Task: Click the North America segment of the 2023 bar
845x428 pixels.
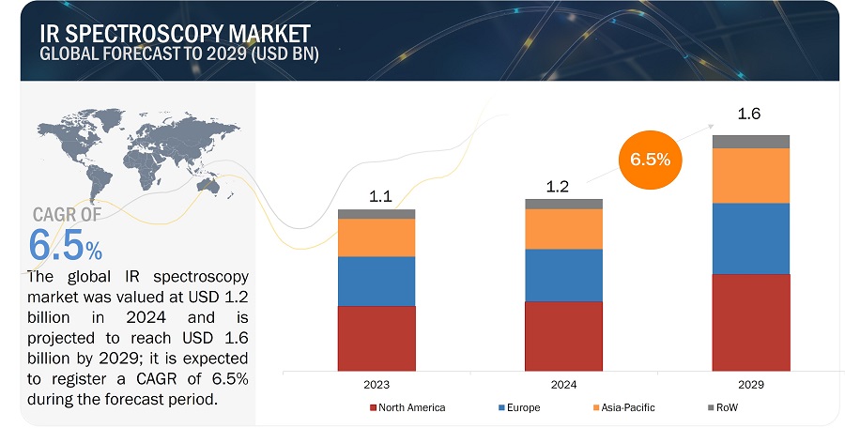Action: (x=376, y=337)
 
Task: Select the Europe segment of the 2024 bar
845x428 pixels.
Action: (x=563, y=275)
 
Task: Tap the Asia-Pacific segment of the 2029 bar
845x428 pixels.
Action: (x=750, y=176)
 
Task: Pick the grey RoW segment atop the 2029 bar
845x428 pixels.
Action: (x=750, y=142)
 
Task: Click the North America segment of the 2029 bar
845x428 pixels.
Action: (x=750, y=321)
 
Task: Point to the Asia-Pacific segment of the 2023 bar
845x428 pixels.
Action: (x=376, y=237)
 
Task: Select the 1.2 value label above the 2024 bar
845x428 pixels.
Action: (x=558, y=186)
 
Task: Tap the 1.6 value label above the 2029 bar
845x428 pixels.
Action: (x=748, y=115)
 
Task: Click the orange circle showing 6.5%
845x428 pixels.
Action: (x=650, y=159)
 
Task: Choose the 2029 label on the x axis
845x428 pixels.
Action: (x=750, y=385)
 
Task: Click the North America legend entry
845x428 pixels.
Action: (x=409, y=407)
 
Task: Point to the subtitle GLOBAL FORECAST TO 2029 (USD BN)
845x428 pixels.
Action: (x=179, y=53)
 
